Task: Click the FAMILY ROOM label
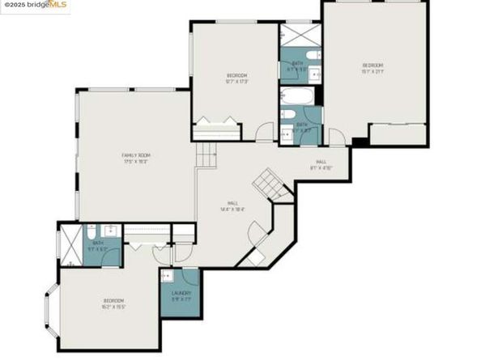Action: pos(136,158)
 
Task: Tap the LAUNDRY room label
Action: pos(181,296)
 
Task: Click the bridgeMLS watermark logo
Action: pos(36,6)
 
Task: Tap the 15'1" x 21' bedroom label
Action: pos(372,67)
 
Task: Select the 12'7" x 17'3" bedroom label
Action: pos(236,78)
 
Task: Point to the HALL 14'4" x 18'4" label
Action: pos(233,206)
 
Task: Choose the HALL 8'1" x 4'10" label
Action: pos(321,165)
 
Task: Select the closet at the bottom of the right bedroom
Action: pos(397,134)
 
